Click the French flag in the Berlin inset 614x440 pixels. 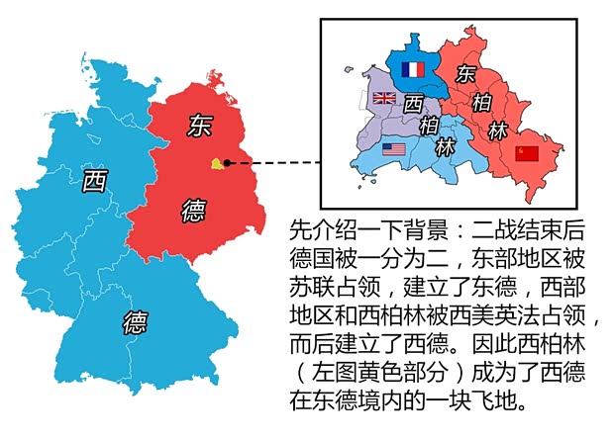(x=411, y=69)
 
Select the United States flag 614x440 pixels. (x=394, y=150)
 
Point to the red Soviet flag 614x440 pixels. (x=528, y=153)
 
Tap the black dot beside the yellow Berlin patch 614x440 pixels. (x=227, y=163)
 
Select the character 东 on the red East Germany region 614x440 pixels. (x=197, y=126)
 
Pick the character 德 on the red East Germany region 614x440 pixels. (x=195, y=209)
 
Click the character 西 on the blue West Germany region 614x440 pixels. (x=94, y=180)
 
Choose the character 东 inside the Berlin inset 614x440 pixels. (x=465, y=73)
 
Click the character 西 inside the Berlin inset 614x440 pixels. (x=415, y=102)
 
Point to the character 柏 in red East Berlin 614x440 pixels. (x=484, y=102)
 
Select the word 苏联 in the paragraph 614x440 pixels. (x=311, y=291)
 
